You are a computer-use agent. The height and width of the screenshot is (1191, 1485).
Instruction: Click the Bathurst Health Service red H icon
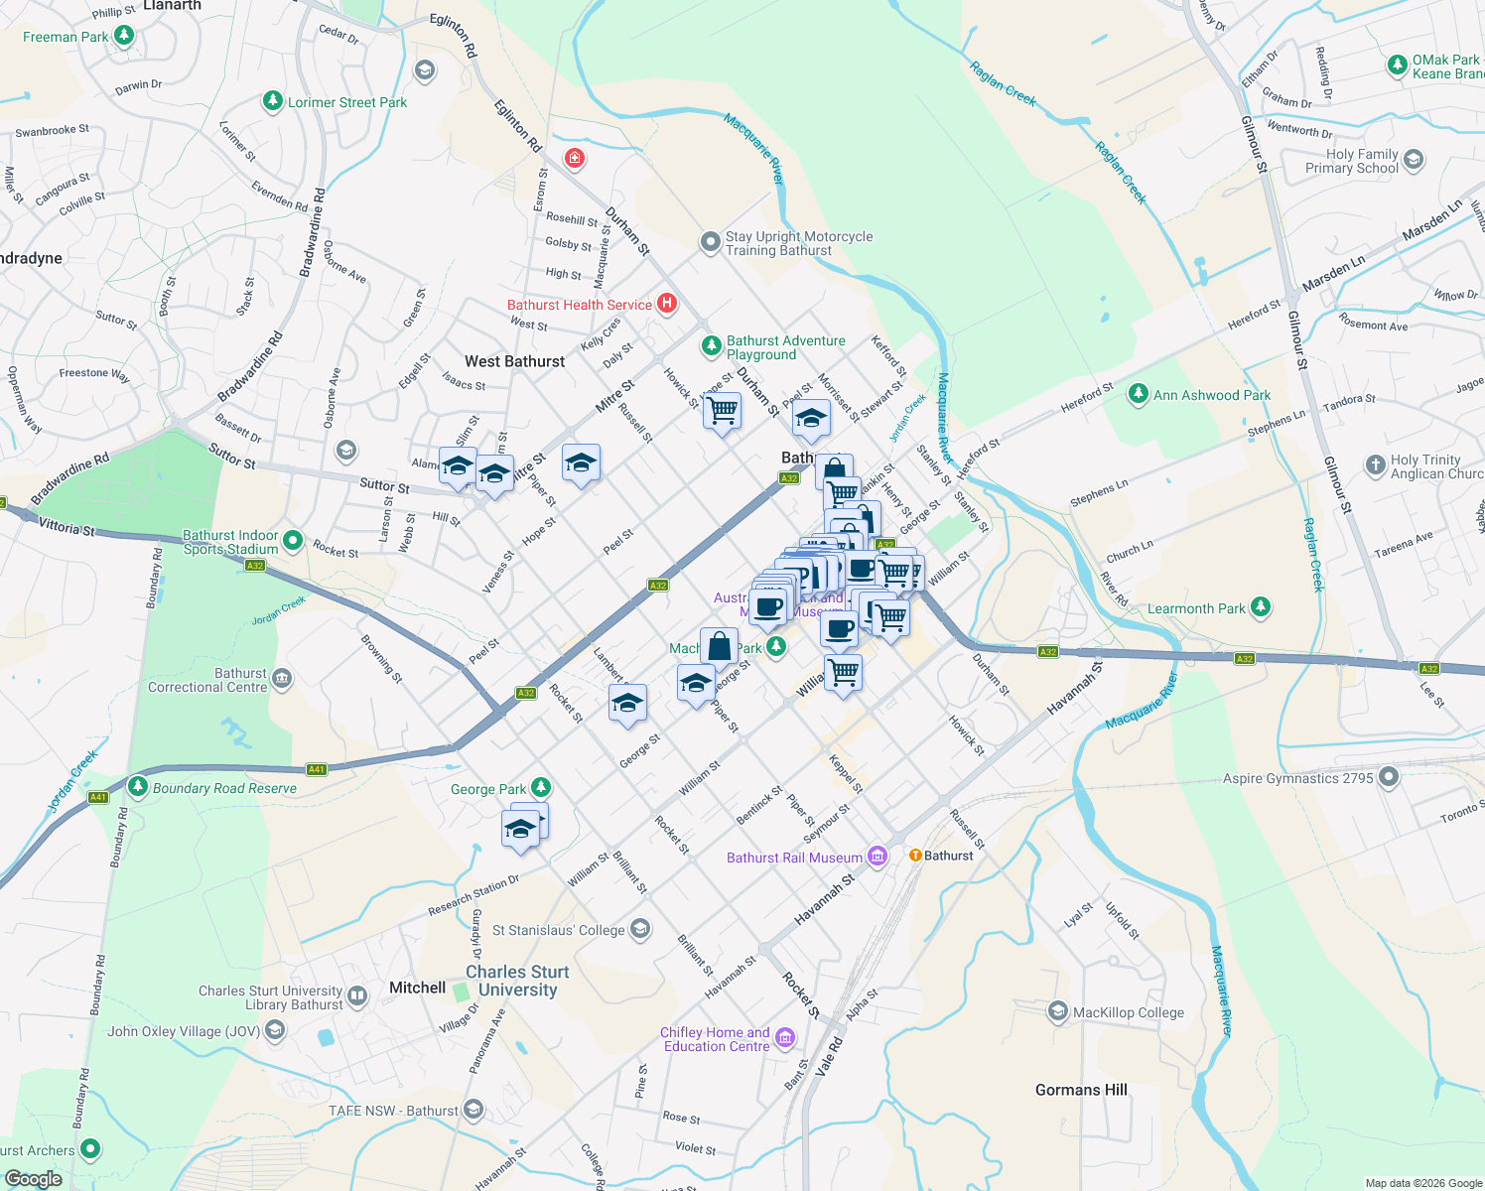[667, 304]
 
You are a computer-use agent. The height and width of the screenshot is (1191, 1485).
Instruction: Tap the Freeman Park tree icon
[124, 37]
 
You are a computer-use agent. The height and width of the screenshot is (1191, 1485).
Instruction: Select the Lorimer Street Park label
[347, 102]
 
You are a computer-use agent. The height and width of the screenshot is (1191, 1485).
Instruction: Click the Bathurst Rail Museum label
[794, 858]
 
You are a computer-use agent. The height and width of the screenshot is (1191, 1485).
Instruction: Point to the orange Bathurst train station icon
[915, 856]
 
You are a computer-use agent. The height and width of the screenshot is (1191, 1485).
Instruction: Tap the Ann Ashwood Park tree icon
[1139, 395]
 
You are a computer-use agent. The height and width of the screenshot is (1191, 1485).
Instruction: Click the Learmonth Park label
[1195, 608]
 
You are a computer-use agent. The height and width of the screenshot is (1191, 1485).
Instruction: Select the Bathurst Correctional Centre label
[207, 680]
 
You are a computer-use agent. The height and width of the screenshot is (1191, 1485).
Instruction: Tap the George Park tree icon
[540, 788]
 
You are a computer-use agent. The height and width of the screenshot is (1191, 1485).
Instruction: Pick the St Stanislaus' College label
[559, 930]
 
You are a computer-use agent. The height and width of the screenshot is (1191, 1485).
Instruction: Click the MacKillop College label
[1129, 1012]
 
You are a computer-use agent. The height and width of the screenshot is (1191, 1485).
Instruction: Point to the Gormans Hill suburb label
[1081, 1090]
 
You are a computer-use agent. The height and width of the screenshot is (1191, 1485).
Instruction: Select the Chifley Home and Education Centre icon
[785, 1038]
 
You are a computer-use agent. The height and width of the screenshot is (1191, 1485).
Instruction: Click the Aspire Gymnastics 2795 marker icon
[1389, 777]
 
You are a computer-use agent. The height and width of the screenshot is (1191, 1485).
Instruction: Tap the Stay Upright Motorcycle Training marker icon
[710, 242]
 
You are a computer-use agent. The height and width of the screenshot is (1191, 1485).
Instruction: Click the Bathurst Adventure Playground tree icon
[711, 346]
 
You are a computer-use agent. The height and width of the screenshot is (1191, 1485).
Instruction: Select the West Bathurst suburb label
[514, 361]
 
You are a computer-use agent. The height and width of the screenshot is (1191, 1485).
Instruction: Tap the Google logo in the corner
[33, 1179]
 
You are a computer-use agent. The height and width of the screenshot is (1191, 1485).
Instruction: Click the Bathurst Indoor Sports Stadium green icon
[293, 541]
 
